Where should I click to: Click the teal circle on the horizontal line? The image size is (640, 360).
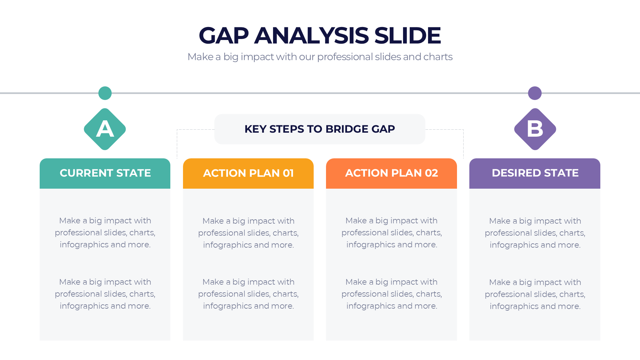coord(105,93)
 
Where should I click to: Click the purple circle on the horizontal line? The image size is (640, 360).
coord(535,93)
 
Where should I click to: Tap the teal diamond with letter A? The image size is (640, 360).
coord(105,129)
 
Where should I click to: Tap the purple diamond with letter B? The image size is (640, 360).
coord(535,129)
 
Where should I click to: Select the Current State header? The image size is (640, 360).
coord(105,173)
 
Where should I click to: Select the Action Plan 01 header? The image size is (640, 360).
coord(248,173)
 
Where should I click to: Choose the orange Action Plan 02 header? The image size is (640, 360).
coord(391,173)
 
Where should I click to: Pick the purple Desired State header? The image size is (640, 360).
coord(535,173)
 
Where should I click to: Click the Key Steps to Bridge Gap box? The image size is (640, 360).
coord(320,129)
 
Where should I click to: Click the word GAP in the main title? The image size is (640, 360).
coord(224,35)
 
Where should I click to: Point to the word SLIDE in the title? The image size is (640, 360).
coord(407,35)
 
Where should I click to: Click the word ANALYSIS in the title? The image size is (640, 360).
coord(311,35)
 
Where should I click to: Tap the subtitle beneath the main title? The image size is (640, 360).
coord(320,57)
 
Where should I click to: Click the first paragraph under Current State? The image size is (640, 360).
coord(105,233)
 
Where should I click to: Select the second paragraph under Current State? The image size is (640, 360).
coord(105,294)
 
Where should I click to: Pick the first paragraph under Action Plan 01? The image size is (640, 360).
coord(248,233)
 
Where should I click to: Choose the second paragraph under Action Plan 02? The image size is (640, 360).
coord(391,294)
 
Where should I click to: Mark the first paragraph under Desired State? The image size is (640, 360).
coord(535,233)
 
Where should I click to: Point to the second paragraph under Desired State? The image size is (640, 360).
coord(535,294)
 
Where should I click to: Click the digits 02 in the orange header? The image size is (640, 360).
coord(431,173)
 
